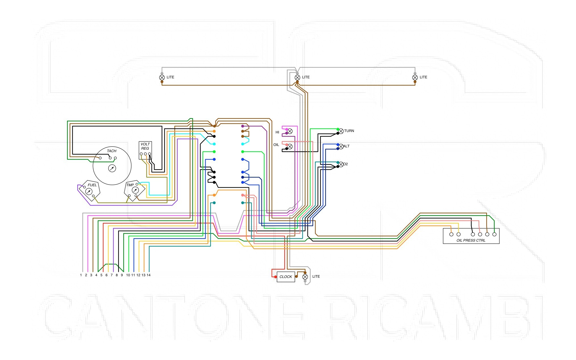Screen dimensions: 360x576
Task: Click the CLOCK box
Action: [286, 277]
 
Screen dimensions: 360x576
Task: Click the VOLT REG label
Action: [145, 146]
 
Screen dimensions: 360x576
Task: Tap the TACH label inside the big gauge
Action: [112, 151]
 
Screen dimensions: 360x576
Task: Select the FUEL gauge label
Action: [92, 185]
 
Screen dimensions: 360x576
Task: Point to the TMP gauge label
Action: [130, 185]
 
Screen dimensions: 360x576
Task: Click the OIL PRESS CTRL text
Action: [471, 240]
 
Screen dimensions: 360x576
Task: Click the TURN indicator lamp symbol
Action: [341, 131]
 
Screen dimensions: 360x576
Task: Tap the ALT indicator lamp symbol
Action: [341, 146]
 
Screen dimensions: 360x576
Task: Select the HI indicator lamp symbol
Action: [290, 131]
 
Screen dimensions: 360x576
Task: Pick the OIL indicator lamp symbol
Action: [290, 146]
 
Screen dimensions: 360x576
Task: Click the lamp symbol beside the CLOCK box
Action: [305, 277]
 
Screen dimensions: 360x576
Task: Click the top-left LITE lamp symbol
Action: [162, 78]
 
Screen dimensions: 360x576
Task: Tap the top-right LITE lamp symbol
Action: [415, 78]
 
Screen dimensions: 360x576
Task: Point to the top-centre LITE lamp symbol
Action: [297, 78]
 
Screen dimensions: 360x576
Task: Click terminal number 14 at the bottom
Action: [149, 275]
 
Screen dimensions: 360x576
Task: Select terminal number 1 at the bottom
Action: [81, 275]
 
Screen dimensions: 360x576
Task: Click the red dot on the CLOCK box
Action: [276, 277]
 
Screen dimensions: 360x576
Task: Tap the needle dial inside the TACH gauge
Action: [112, 168]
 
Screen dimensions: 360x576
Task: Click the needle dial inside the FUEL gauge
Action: [89, 192]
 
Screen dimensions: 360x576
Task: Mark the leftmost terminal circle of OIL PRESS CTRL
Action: [451, 235]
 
